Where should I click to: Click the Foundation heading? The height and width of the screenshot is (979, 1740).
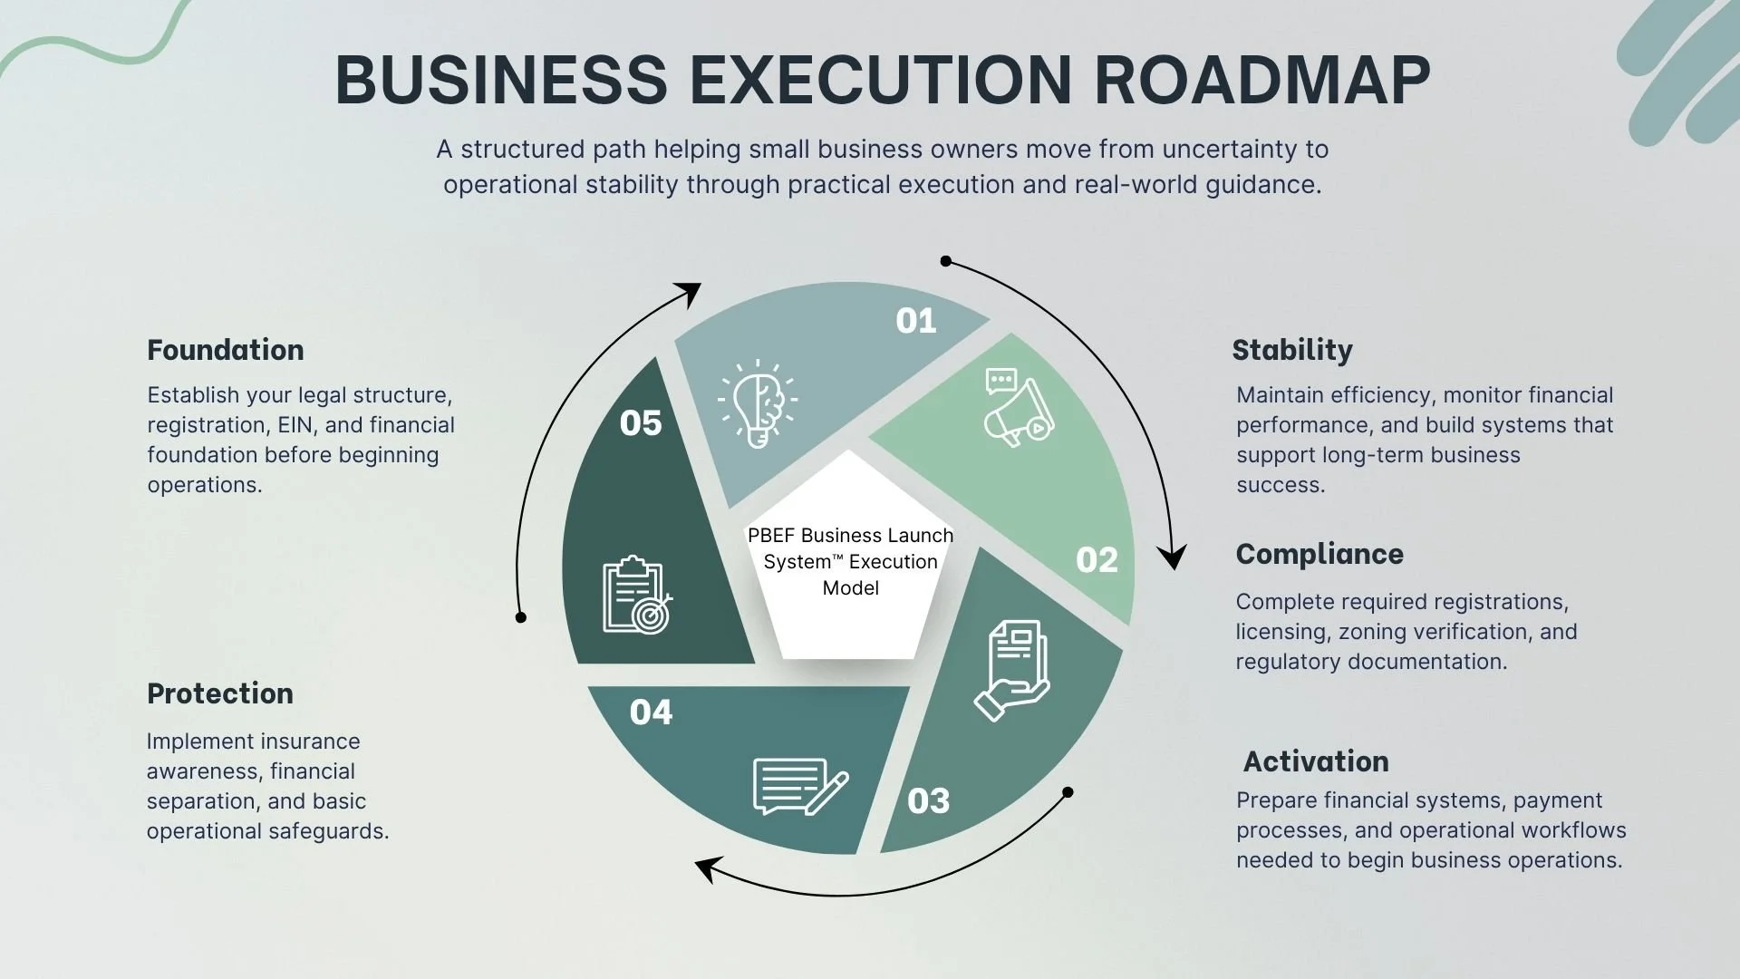click(x=226, y=350)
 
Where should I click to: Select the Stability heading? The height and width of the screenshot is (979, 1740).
click(x=1292, y=350)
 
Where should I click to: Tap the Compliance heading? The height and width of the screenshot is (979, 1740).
click(x=1319, y=554)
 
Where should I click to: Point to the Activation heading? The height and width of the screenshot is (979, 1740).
click(x=1316, y=761)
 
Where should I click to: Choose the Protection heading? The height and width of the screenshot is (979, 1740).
click(x=220, y=693)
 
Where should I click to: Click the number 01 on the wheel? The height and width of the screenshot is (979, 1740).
click(x=916, y=321)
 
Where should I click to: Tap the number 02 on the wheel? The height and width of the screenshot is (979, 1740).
click(x=1097, y=560)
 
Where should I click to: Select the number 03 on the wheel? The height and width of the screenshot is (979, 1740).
click(x=929, y=801)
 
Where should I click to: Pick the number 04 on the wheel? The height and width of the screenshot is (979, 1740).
click(x=651, y=712)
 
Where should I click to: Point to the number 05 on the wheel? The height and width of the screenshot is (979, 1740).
click(x=641, y=423)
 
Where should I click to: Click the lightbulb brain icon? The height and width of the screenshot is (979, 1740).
click(x=758, y=403)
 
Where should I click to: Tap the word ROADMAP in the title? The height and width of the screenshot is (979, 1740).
click(x=1262, y=80)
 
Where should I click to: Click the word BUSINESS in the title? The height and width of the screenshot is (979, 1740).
click(x=501, y=80)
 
